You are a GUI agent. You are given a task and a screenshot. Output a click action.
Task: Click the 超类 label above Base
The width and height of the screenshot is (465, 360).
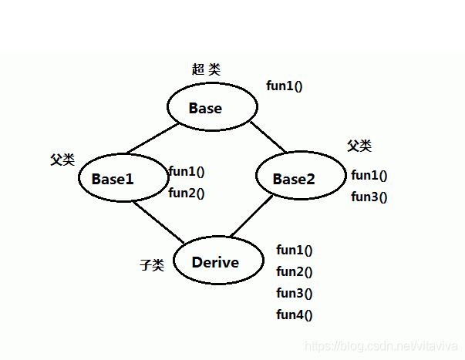coord(206,69)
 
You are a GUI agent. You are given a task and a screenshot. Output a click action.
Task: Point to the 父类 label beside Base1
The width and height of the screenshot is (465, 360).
coord(62,160)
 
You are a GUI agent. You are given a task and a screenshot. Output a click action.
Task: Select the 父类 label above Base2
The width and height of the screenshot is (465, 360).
coord(359,146)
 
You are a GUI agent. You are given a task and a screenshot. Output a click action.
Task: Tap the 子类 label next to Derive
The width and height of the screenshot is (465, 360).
coord(152,265)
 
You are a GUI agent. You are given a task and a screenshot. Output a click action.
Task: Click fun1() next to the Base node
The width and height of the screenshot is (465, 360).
coord(284,86)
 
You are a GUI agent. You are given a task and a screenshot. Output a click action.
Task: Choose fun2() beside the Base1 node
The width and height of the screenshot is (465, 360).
coord(186,193)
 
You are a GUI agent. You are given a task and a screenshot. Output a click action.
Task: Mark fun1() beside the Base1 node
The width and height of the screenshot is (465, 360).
coord(186,172)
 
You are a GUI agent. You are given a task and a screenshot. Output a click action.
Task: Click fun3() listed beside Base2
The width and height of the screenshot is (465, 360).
coord(369,197)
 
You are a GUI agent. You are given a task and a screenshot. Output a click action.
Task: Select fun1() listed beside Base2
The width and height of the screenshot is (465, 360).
coord(369,175)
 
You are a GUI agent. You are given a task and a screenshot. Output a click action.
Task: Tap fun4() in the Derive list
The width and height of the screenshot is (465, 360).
coord(294,315)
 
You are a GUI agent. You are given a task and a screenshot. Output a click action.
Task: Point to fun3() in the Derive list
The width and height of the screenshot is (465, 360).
coord(294,293)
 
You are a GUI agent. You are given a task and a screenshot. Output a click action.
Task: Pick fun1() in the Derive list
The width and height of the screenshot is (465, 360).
coord(294,250)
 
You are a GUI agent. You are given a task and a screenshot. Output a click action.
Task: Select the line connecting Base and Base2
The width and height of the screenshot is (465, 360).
coord(267,136)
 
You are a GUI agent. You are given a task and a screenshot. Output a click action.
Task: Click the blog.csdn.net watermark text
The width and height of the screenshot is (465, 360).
coord(382,348)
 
